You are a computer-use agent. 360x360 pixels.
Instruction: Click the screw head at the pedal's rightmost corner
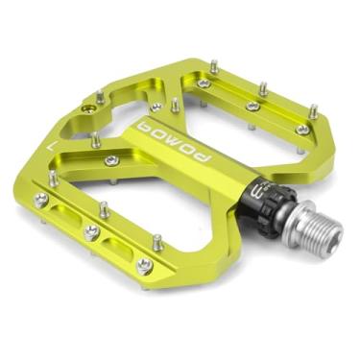click(302, 131)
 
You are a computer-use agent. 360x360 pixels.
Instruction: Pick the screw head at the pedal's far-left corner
click(40, 201)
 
